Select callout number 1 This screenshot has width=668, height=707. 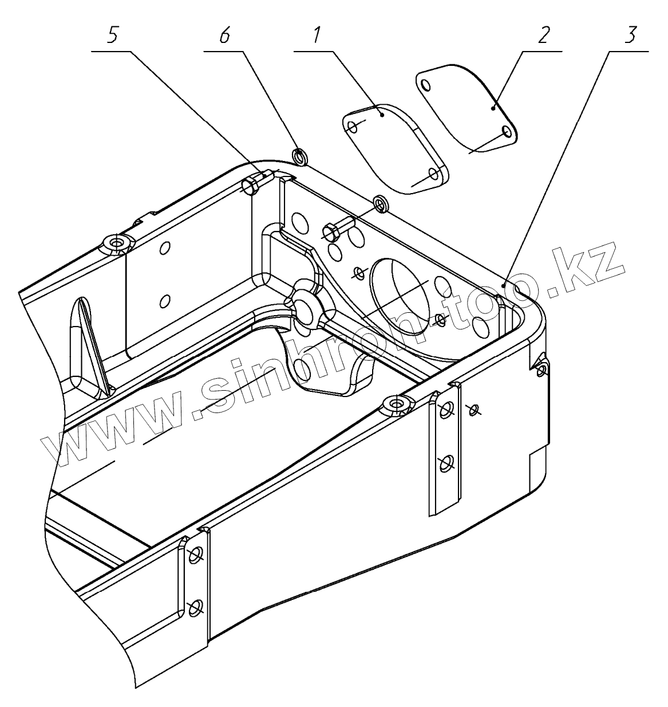point(315,36)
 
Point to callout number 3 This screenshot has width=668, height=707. point(630,36)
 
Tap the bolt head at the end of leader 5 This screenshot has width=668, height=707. point(251,185)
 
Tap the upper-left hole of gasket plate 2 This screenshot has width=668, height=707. point(425,85)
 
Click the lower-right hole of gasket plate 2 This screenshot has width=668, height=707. point(506,132)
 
